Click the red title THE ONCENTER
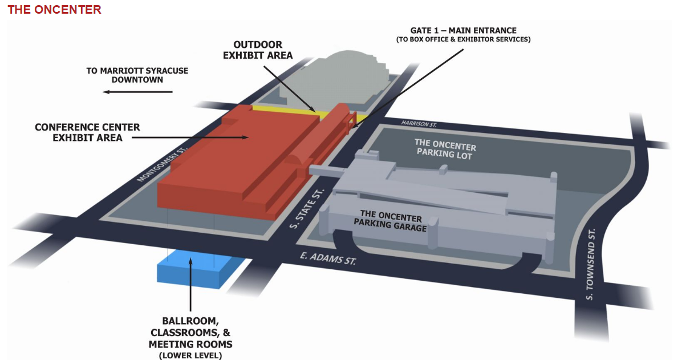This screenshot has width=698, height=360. [55, 10]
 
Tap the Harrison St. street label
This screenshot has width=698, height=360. [419, 124]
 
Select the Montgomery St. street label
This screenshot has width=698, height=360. [163, 164]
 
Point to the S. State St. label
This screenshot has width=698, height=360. [307, 208]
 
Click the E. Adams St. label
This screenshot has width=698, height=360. [328, 258]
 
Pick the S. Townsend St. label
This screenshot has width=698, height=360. [590, 264]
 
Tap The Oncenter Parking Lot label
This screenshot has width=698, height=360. [445, 149]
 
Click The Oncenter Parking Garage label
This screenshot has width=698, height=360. [391, 221]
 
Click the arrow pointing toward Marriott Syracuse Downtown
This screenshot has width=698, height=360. [138, 92]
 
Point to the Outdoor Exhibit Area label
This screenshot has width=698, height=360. [258, 50]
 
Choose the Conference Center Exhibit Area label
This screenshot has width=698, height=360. [87, 132]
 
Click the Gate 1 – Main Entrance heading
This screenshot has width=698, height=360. [464, 31]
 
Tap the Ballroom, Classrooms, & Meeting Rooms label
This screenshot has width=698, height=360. [190, 333]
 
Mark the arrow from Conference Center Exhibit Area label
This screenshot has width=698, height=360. [190, 137]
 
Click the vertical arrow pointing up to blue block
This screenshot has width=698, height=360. [190, 285]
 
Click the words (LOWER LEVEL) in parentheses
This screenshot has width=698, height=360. [190, 355]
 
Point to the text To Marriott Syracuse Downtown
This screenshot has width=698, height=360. [137, 75]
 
